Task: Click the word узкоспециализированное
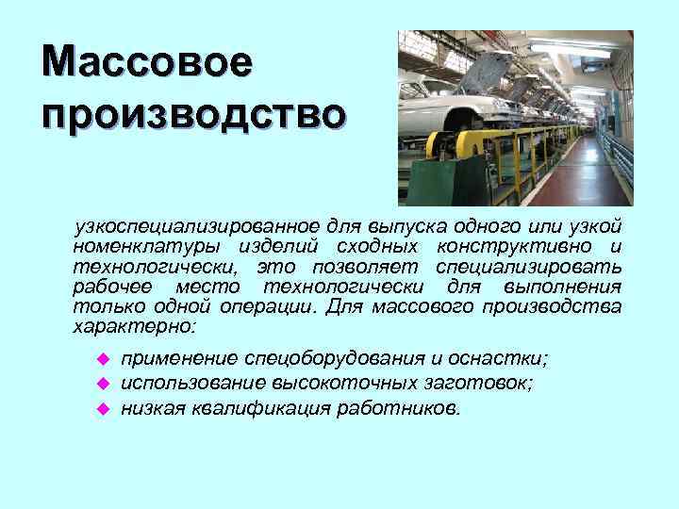(198, 227)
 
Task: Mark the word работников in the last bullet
(406, 409)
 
